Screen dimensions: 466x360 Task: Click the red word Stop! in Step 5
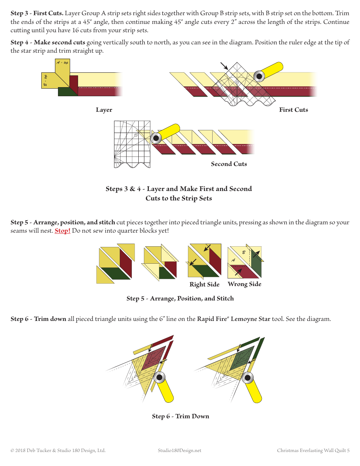63,231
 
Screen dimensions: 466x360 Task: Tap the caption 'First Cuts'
293,110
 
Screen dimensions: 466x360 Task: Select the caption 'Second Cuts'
229,164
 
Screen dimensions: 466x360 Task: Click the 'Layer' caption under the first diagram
104,110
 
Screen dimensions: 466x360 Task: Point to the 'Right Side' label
204,285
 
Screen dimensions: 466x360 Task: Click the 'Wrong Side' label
244,284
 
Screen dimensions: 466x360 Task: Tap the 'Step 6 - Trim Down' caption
180,416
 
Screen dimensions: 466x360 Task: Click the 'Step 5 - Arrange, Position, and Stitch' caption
180,299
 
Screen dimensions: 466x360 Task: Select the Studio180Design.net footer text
180,450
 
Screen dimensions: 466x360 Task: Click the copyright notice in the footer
58,450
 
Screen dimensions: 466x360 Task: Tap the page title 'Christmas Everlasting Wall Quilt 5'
313,450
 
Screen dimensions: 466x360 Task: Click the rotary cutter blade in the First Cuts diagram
259,76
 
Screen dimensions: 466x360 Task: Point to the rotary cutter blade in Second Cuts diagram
156,138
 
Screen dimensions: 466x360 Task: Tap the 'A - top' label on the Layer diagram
62,63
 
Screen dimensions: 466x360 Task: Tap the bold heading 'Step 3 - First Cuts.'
37,13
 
